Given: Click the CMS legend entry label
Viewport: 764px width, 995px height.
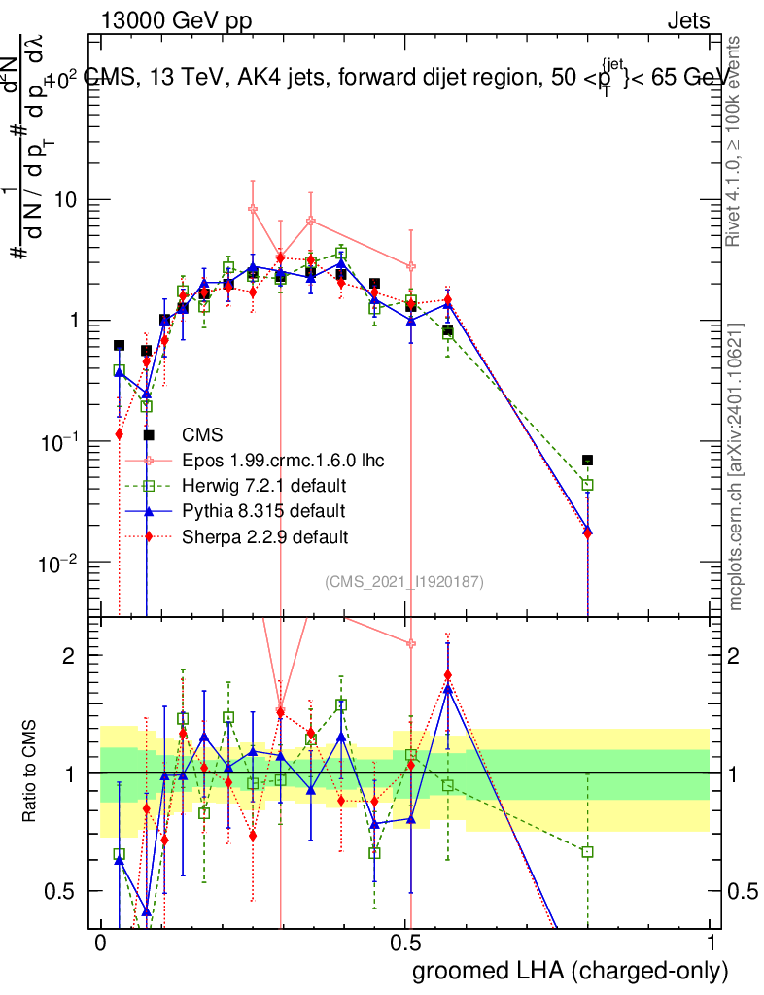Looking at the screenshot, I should point(203,434).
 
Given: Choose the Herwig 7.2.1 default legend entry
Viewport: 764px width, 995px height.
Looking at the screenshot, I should point(263,485).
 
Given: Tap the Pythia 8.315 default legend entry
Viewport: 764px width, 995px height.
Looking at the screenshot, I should point(262,510).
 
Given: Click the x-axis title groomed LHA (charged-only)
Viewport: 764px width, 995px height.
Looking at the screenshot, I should point(571,971).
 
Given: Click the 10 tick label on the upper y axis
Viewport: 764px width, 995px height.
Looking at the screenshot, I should point(68,200).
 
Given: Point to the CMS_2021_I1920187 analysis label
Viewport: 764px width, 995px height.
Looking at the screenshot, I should point(404,581).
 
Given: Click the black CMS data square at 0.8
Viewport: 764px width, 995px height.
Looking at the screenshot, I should point(587,460).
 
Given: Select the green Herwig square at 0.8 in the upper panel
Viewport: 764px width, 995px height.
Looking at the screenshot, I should point(587,484).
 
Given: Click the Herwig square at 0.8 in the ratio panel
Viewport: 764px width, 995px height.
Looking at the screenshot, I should point(587,852).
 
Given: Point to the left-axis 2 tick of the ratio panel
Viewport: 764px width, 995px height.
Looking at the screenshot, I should point(74,656).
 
